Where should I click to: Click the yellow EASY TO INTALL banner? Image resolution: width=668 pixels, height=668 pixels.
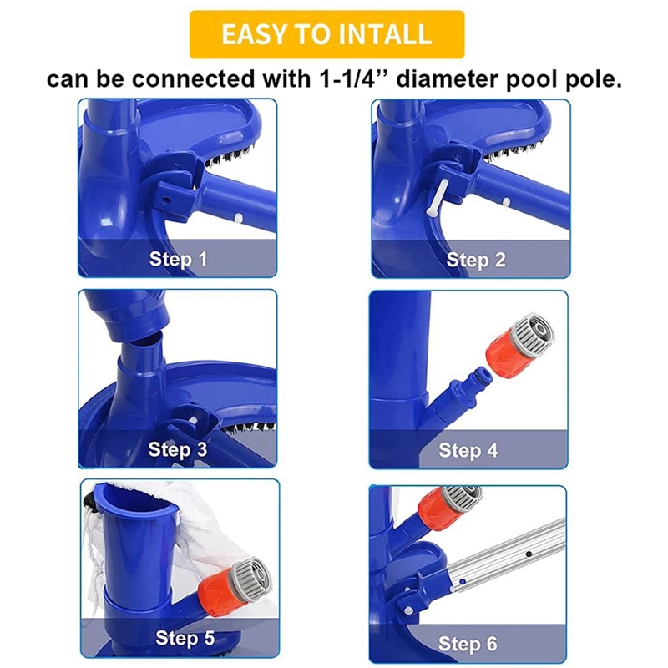(326, 34)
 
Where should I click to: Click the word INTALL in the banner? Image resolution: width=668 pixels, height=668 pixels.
(385, 34)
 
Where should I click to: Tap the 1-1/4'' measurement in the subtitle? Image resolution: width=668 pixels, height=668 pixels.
(347, 78)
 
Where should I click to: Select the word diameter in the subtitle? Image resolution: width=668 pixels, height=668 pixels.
(447, 79)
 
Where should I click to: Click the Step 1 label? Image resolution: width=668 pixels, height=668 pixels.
(178, 259)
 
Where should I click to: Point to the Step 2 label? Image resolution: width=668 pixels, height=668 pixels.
(476, 260)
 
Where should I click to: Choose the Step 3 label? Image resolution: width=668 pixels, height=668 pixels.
(178, 449)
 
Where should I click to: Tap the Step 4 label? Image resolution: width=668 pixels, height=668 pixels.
(468, 450)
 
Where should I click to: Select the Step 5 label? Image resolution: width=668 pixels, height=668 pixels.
(185, 638)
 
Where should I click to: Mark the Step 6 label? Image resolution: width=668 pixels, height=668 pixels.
(468, 643)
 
